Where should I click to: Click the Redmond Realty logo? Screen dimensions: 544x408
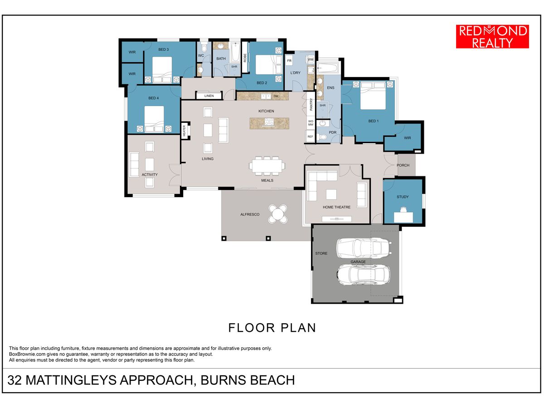click(492, 36)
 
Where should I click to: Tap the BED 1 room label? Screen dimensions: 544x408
click(373, 121)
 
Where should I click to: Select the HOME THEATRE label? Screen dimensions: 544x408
click(336, 207)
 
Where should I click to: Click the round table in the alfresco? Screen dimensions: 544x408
click(278, 214)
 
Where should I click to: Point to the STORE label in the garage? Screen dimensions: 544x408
click(321, 253)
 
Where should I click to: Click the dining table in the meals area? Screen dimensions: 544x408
click(267, 166)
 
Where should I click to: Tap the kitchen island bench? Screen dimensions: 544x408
click(269, 123)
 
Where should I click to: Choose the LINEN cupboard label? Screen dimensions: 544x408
click(209, 96)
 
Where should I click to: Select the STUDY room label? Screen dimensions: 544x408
click(403, 197)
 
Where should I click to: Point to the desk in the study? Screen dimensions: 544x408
click(403, 217)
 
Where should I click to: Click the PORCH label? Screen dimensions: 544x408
click(403, 165)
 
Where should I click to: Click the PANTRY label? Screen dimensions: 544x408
click(311, 104)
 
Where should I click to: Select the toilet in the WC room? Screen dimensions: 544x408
click(204, 47)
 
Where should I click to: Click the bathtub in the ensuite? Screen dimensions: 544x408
click(327, 68)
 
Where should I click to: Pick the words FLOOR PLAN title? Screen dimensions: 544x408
click(272, 328)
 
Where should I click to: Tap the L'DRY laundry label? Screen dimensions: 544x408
click(295, 73)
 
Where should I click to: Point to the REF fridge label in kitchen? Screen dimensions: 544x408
click(310, 137)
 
